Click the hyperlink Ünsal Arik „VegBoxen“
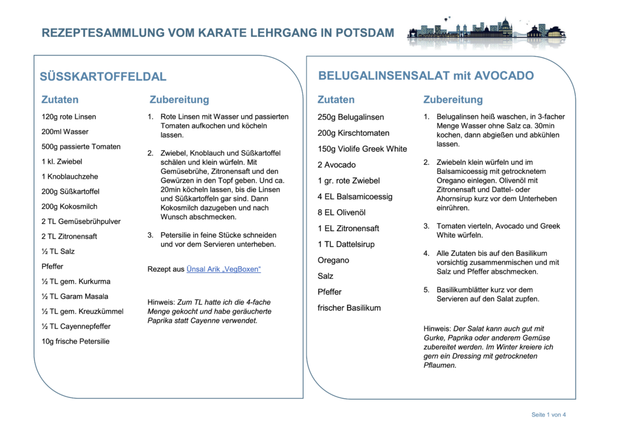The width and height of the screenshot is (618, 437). [223, 269]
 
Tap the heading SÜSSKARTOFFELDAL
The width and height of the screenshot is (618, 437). [103, 77]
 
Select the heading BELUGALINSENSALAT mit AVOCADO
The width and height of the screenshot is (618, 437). [426, 75]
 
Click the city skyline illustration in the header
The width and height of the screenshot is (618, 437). [486, 32]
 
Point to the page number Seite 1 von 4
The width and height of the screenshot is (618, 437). [548, 415]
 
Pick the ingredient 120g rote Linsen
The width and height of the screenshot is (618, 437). [69, 116]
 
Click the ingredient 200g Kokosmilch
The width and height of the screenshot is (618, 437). [69, 206]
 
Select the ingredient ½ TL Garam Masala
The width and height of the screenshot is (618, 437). [76, 296]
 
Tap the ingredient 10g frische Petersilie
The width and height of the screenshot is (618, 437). [75, 341]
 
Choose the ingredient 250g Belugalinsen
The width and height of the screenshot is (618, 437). [351, 117]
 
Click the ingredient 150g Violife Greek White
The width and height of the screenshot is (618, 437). [362, 149]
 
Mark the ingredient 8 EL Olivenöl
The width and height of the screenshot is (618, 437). [342, 212]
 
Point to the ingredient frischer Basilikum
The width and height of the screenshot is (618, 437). [349, 308]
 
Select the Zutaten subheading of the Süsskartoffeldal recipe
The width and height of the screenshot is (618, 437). [60, 100]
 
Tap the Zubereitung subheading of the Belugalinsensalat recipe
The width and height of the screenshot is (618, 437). [453, 100]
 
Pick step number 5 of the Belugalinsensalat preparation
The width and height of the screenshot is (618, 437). [426, 290]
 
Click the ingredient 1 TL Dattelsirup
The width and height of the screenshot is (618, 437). [346, 244]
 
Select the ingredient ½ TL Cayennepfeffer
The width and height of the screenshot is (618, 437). [76, 326]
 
